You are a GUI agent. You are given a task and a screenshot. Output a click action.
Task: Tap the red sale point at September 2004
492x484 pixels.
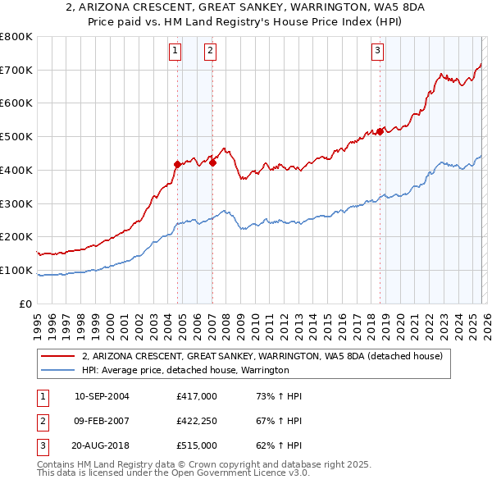click(177, 164)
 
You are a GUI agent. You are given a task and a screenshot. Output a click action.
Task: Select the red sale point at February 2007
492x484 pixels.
click(212, 162)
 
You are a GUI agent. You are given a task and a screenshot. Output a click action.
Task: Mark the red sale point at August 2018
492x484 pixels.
click(380, 131)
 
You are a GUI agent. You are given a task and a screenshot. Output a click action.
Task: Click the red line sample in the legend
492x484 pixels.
click(58, 357)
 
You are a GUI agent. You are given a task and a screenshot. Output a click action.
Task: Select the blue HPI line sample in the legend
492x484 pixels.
click(58, 370)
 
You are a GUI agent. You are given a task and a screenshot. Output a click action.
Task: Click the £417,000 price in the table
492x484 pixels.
click(196, 396)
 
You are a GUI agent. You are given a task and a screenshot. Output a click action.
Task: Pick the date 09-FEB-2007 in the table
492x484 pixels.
click(102, 421)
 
